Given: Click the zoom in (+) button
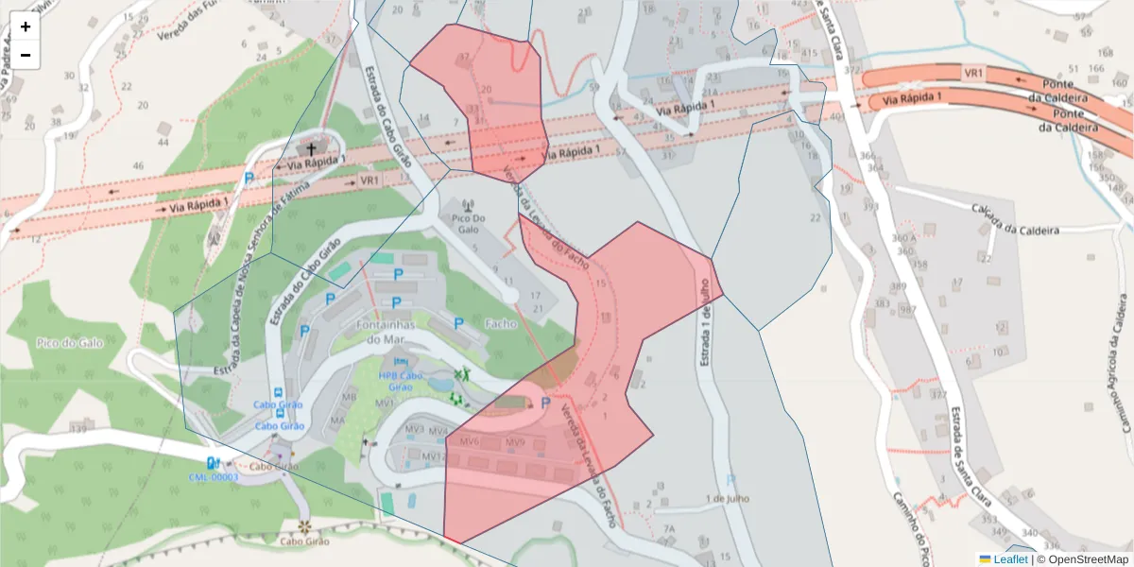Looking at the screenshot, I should (x=26, y=26).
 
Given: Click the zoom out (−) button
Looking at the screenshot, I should (x=26, y=55).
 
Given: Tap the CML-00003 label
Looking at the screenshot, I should (x=214, y=477).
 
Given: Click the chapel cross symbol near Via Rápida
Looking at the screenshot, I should (x=311, y=149).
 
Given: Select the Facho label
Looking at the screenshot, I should (x=500, y=323).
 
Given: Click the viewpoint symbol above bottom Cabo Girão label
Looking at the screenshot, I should (x=304, y=526).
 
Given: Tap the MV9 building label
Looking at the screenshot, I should (x=514, y=441).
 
